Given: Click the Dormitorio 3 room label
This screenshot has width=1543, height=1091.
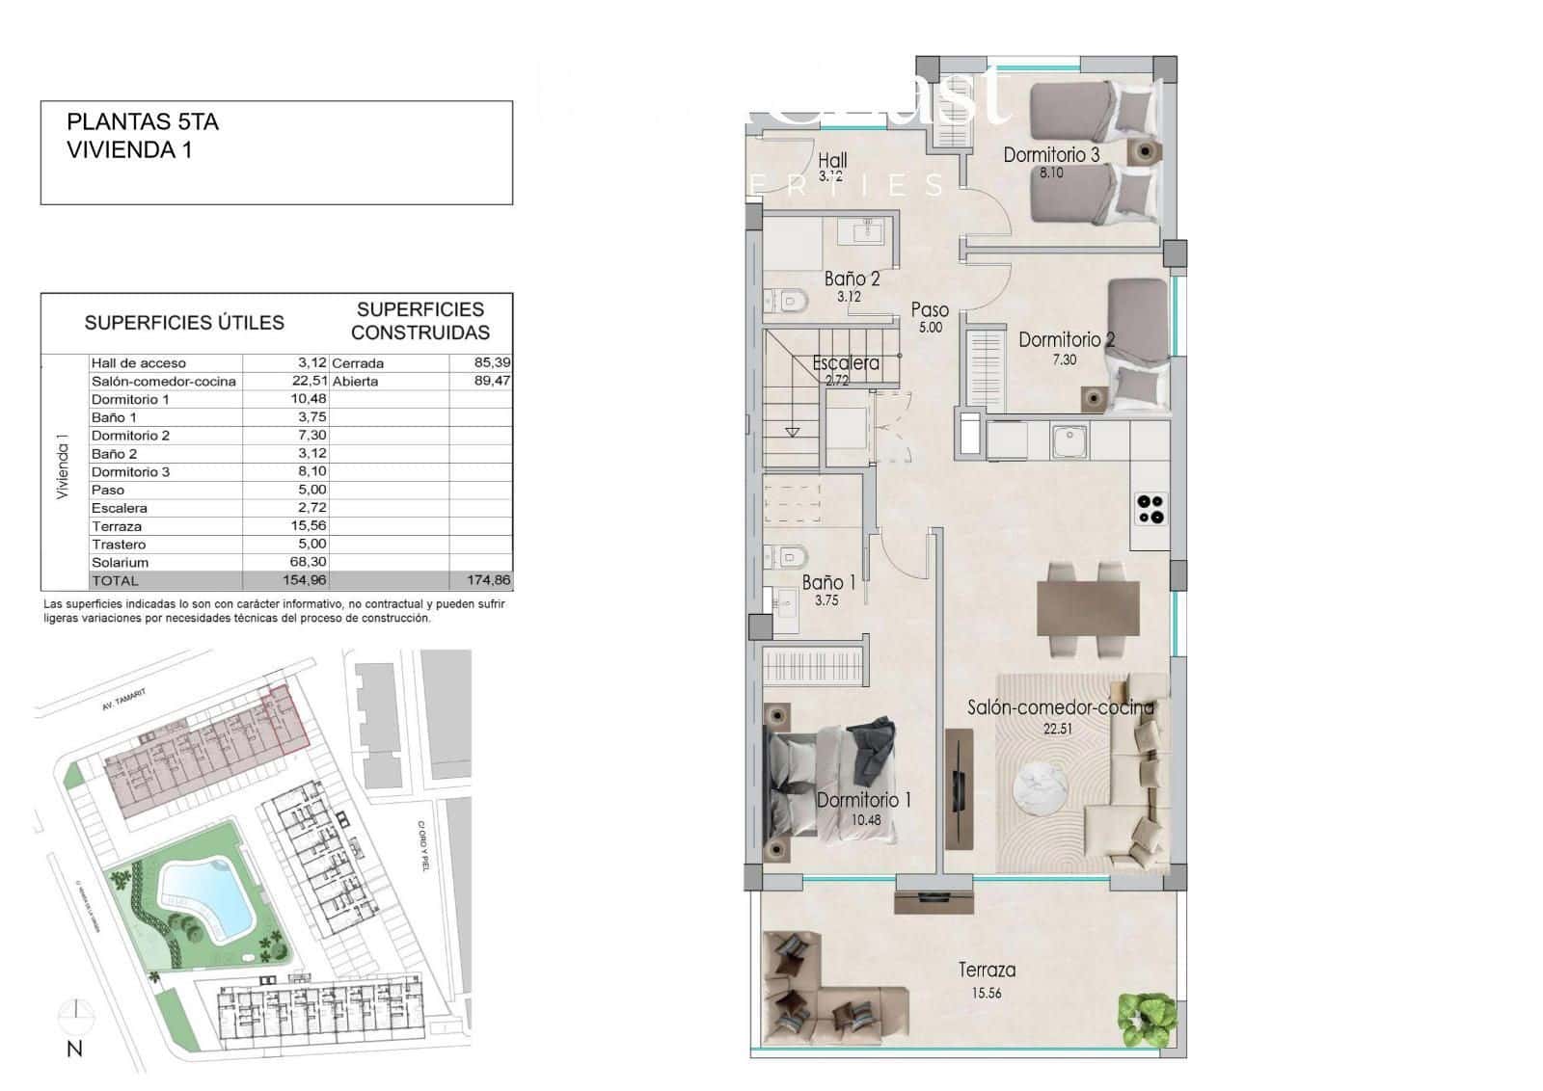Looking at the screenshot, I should click(x=1051, y=154).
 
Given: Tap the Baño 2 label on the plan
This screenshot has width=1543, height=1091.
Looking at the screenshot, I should click(x=852, y=279).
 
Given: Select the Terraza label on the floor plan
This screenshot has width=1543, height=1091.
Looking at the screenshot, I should click(x=987, y=971).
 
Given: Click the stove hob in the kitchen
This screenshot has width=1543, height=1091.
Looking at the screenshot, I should click(x=1150, y=508).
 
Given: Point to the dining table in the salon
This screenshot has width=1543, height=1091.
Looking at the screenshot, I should click(x=1088, y=607).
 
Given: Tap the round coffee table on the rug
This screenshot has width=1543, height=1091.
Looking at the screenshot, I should click(x=1040, y=788).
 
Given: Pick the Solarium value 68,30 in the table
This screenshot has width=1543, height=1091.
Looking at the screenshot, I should click(x=309, y=563).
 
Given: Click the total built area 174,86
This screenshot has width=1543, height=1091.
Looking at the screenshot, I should click(x=490, y=581).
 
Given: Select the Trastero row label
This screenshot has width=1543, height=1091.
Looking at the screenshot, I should click(x=119, y=545).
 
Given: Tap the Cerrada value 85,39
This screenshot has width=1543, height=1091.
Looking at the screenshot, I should click(x=493, y=363).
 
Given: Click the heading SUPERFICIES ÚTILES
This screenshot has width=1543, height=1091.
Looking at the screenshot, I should click(x=184, y=323).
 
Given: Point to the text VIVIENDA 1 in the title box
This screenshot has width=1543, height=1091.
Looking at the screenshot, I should click(x=129, y=150).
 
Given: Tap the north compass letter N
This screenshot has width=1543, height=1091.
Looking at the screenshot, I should click(x=74, y=1050).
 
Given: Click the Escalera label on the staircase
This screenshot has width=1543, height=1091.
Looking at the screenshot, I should click(x=846, y=363).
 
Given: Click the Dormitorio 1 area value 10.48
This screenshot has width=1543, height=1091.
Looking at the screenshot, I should click(x=866, y=820).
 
